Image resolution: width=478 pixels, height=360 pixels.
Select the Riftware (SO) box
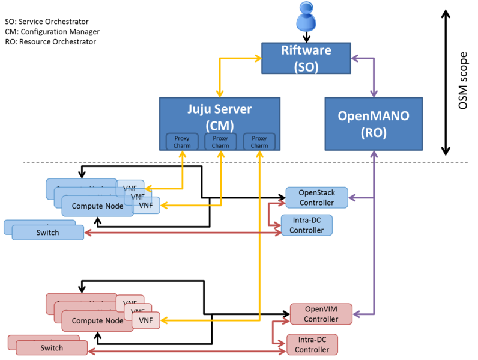click(306, 58)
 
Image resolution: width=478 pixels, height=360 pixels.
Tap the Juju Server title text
click(219, 110)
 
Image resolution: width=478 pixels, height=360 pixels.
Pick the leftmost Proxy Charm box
click(182, 142)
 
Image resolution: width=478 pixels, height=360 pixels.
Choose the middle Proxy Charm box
click(220, 142)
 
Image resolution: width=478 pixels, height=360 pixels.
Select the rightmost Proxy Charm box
click(259, 142)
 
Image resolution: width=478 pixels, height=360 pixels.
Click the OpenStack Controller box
click(316, 198)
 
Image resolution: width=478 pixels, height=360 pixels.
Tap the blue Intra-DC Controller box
click(306, 225)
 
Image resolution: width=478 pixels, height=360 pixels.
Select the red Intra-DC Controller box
click(312, 345)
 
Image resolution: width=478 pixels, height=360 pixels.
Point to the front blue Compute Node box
click(97, 206)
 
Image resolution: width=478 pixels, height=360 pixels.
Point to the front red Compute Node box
click(97, 320)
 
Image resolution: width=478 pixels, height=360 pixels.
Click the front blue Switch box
click(47, 233)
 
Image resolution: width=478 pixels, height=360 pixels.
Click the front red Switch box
click(52, 348)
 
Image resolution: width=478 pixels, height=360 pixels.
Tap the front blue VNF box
click(146, 205)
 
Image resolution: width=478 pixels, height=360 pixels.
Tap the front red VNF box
click(146, 320)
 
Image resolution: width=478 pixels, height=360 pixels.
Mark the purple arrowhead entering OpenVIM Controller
click(357, 314)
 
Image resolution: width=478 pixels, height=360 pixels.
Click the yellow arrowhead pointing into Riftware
click(257, 58)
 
